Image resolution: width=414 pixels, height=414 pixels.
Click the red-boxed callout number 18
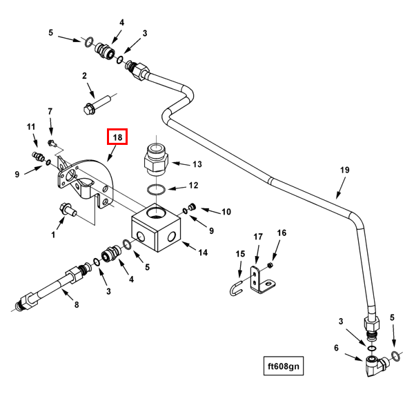[117, 137]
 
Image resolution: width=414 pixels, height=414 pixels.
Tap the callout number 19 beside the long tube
[345, 170]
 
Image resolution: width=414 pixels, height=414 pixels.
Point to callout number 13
[197, 164]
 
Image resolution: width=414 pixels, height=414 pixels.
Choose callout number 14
[203, 252]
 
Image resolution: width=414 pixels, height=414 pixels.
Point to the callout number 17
[258, 237]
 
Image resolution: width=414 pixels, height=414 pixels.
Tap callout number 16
[282, 233]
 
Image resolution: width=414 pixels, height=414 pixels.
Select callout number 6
[337, 348]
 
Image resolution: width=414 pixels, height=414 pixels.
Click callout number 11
[30, 127]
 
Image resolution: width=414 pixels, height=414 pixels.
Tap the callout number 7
[50, 111]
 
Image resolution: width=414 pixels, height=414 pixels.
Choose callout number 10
[226, 211]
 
